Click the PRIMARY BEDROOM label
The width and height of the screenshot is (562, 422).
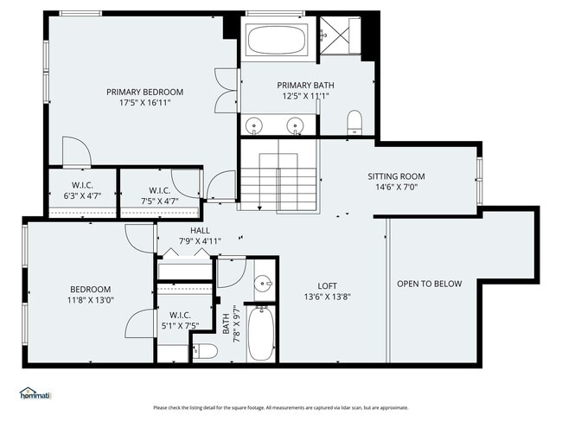point(144,92)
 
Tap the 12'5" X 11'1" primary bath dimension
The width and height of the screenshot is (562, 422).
point(305,96)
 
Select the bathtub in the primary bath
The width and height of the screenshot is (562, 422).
point(277,39)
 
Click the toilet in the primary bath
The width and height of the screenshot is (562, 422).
point(354,122)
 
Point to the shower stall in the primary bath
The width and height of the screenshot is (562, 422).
point(338,37)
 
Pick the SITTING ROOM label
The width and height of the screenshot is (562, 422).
point(396,176)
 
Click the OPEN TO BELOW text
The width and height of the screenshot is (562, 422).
point(429,284)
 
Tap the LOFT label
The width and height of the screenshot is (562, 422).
point(327,285)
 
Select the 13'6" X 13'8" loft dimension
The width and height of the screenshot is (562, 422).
point(327,296)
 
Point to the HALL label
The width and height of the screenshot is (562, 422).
point(200,231)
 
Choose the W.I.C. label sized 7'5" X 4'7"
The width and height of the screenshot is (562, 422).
point(159,190)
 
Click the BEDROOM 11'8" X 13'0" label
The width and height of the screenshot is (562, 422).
point(91,289)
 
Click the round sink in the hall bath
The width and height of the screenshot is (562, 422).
point(263,283)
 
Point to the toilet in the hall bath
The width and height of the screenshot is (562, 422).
point(205,351)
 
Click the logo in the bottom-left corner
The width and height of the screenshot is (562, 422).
point(35,393)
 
